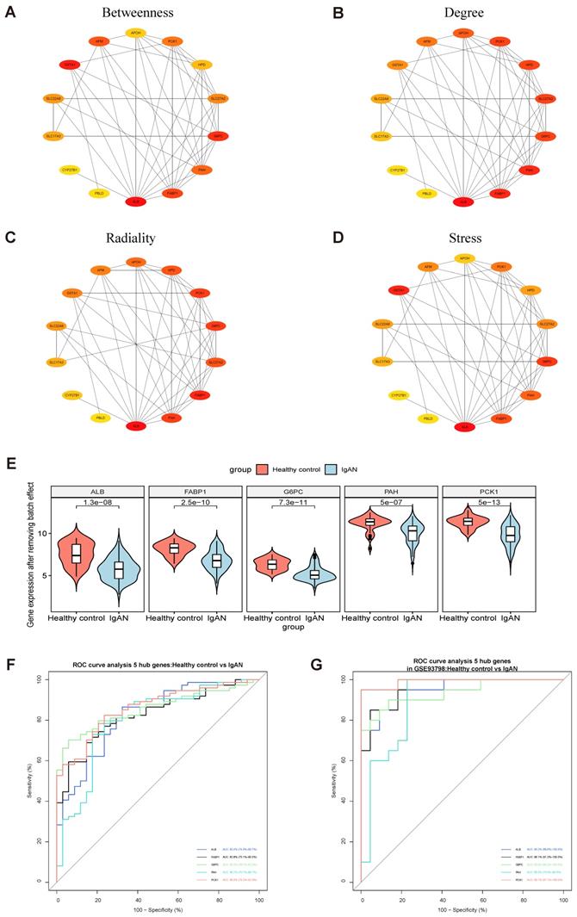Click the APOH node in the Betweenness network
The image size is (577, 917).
pos(134,33)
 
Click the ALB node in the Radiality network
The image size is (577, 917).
pos(135,426)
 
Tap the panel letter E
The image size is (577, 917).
pos(9,462)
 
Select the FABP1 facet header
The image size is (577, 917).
pos(195,492)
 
